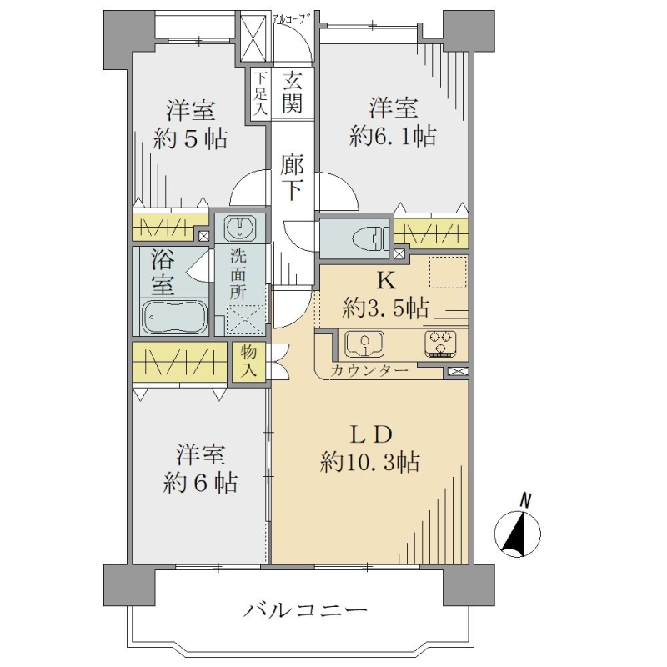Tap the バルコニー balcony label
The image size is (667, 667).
[305, 611]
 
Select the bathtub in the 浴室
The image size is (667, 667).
[174, 318]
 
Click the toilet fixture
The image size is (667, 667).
[369, 238]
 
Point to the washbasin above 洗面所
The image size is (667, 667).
[240, 228]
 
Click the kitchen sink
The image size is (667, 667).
[364, 344]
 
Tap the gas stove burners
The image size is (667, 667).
[440, 344]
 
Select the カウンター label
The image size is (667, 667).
[369, 371]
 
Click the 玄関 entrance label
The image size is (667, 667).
[293, 93]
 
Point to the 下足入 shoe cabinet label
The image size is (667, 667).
[261, 94]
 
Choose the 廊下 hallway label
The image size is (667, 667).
[292, 178]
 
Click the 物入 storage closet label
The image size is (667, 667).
[248, 361]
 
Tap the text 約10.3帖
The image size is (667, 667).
[370, 463]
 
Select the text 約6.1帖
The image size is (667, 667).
[393, 137]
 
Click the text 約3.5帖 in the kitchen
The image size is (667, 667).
[385, 308]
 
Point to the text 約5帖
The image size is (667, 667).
[191, 138]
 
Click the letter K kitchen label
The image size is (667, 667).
[386, 281]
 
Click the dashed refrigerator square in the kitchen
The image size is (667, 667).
[448, 273]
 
